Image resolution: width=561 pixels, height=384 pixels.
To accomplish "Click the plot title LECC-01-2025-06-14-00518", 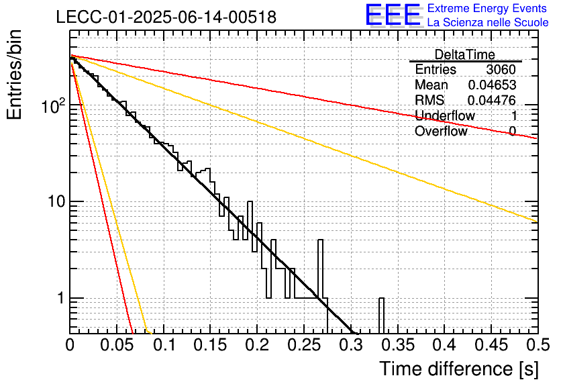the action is [166, 17].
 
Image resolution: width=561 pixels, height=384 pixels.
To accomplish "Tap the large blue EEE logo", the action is [393, 15].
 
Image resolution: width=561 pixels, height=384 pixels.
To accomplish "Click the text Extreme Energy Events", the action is [487, 8].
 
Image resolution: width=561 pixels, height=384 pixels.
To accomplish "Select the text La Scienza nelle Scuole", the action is [488, 23].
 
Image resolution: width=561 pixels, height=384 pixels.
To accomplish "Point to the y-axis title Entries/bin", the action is [14, 75].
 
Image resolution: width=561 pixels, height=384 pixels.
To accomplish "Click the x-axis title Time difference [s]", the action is [459, 369].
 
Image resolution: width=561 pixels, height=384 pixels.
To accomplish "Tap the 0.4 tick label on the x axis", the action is [445, 345].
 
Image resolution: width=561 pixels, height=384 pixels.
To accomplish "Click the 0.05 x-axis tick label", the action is [117, 345].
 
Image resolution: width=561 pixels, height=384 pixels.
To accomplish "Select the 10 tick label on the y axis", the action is [56, 202].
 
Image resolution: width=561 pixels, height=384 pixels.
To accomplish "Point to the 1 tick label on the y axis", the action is [60, 298].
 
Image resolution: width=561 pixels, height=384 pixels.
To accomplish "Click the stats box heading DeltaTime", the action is [465, 54].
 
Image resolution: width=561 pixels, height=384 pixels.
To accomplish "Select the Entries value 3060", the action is [501, 69].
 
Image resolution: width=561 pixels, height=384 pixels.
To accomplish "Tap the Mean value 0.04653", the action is [492, 85].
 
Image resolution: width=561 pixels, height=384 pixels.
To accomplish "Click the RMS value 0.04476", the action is [492, 100].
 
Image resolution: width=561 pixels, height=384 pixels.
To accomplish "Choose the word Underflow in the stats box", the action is [445, 115].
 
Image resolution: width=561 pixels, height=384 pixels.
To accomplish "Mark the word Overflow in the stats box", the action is [441, 131].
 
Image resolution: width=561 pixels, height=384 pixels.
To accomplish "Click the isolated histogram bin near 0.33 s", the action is [381, 315].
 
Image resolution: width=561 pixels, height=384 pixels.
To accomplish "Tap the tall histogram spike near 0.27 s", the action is [320, 269].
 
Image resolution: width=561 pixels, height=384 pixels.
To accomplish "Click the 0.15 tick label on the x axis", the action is [211, 345].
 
